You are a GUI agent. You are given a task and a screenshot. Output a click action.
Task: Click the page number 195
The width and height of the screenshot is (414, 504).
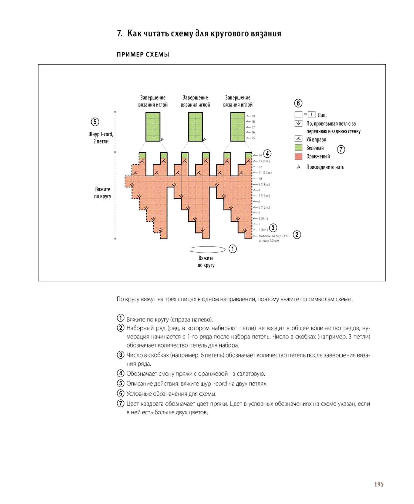click(379, 484)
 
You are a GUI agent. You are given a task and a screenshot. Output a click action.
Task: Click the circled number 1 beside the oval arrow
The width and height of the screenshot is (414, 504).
click(233, 249)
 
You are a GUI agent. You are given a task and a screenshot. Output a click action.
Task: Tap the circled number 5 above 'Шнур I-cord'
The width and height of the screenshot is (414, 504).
click(95, 122)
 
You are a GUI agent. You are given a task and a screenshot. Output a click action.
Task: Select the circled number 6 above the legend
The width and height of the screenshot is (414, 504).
click(298, 103)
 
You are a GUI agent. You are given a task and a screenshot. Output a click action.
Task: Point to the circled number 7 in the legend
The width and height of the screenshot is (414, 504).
click(341, 149)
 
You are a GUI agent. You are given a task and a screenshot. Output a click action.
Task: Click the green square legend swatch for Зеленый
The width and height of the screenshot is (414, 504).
click(298, 147)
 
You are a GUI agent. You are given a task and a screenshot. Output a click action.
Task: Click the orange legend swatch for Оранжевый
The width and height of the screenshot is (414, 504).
click(298, 156)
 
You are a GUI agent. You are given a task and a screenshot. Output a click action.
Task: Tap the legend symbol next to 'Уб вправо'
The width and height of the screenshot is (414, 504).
click(298, 139)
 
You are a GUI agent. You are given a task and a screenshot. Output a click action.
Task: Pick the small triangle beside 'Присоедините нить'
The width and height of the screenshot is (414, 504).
click(299, 167)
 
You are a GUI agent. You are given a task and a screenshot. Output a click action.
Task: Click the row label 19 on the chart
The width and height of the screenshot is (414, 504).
click(253, 116)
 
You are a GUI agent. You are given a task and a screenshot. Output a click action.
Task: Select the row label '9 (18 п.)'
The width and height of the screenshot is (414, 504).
click(264, 184)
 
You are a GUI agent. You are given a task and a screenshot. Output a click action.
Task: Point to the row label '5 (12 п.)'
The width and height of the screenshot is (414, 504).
click(264, 207)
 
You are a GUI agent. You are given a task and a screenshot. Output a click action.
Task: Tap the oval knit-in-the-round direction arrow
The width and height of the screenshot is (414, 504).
click(208, 249)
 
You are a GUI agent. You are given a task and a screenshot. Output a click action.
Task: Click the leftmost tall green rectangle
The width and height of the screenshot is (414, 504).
click(153, 127)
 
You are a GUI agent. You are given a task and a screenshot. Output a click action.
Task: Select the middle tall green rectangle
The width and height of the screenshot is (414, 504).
click(195, 127)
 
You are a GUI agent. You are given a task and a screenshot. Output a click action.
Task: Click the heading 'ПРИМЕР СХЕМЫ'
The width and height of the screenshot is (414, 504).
click(143, 54)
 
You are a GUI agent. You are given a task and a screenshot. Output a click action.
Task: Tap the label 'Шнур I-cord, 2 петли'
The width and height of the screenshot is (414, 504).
click(101, 138)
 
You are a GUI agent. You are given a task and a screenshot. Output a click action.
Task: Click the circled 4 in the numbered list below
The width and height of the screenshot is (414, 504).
click(120, 373)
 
